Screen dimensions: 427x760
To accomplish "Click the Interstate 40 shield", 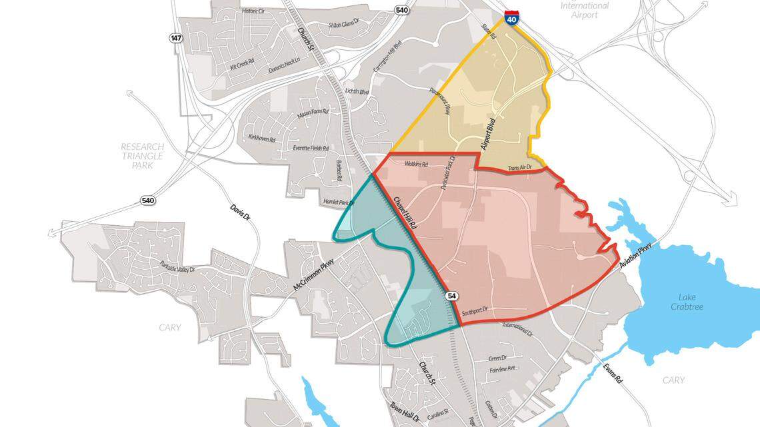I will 511,17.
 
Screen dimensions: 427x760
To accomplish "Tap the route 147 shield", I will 176,39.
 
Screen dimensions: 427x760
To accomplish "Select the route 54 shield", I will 452,296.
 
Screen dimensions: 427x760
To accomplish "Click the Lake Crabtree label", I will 691,302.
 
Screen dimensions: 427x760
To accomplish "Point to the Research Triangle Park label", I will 142,155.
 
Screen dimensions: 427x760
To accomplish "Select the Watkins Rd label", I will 415,163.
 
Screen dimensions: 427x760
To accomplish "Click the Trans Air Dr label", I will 522,169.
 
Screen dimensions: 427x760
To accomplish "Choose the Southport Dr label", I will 475,310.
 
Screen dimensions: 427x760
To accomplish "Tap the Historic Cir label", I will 253,11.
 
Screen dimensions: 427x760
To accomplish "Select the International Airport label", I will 585,10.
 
